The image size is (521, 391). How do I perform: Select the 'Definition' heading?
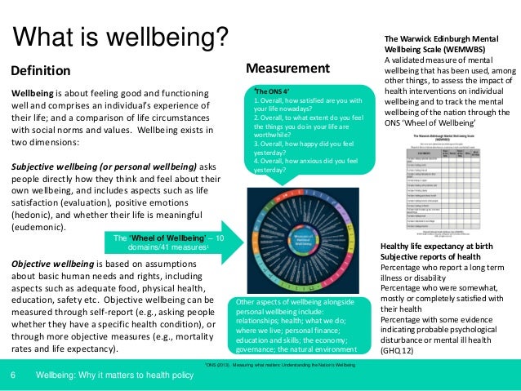pos(40,70)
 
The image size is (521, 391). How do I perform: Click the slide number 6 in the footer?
pos(14,375)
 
